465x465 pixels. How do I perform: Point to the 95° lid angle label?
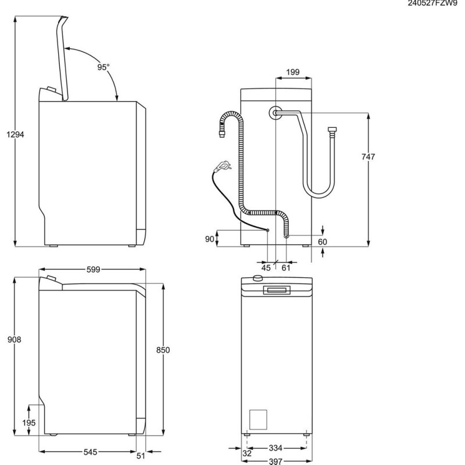click(x=103, y=67)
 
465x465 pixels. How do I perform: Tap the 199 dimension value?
click(x=292, y=72)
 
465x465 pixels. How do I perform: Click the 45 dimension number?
click(x=266, y=267)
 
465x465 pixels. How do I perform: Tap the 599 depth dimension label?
click(x=94, y=269)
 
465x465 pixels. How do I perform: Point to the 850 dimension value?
click(x=163, y=350)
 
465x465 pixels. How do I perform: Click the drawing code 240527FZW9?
click(x=432, y=5)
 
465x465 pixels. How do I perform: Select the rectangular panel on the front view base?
click(x=258, y=420)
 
